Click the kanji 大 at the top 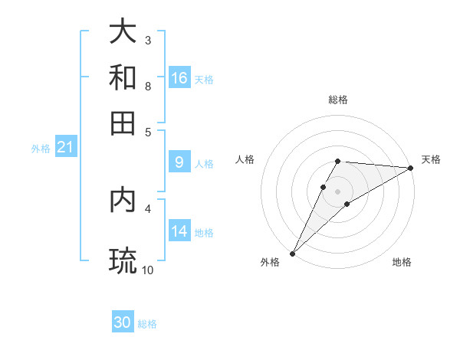(123, 32)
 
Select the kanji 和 (123, 77)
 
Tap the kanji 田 (123, 123)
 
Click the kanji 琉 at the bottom (123, 261)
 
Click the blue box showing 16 (179, 78)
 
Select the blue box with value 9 (179, 162)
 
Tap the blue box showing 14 (179, 231)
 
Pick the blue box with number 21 (65, 148)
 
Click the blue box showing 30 (123, 323)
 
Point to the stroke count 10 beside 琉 (148, 270)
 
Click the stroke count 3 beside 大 (148, 40)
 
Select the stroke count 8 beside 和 (148, 86)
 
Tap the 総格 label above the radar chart (338, 100)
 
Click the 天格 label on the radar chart (431, 159)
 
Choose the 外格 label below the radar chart (270, 262)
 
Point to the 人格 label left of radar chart (245, 159)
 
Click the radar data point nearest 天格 (411, 168)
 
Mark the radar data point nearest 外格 (292, 254)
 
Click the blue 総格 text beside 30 (148, 324)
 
